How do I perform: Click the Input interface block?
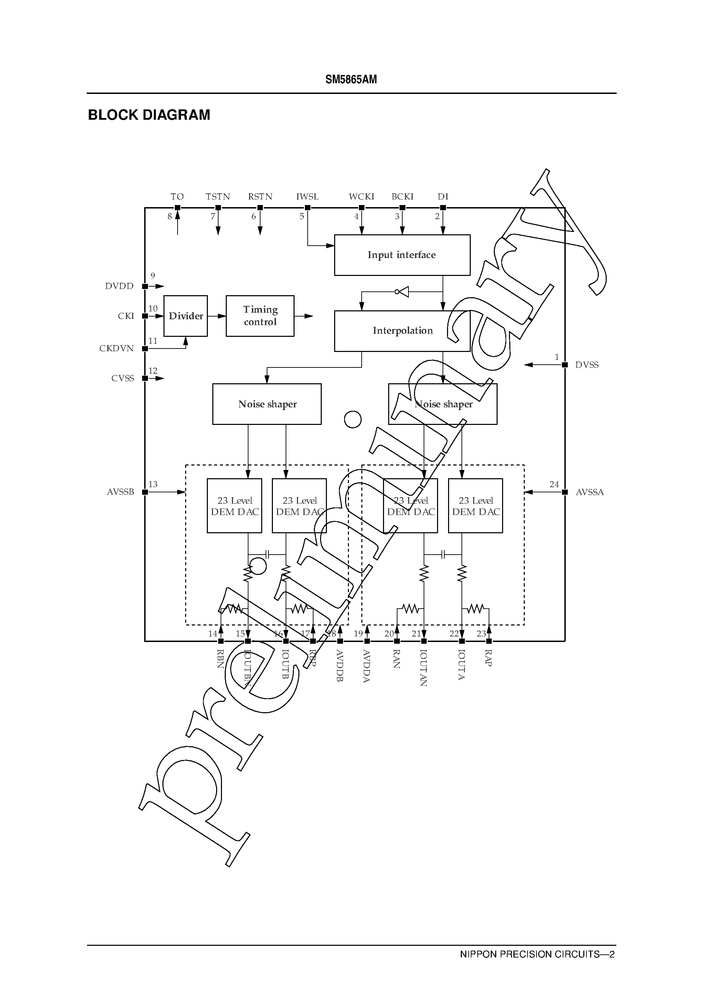point(402,255)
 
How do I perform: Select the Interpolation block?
point(402,331)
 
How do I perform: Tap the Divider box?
point(185,316)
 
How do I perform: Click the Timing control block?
point(260,316)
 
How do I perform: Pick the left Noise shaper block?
point(267,404)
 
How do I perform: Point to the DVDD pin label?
point(119,286)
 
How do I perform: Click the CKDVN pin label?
point(117,349)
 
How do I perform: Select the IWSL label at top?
point(307,197)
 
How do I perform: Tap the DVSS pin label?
point(587,365)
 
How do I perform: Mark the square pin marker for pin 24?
point(565,492)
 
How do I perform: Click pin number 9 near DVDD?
point(152,276)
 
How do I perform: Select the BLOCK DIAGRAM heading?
point(149,115)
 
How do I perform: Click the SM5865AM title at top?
point(351,79)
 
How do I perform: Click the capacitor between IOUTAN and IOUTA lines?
point(443,555)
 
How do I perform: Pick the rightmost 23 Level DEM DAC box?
point(475,506)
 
